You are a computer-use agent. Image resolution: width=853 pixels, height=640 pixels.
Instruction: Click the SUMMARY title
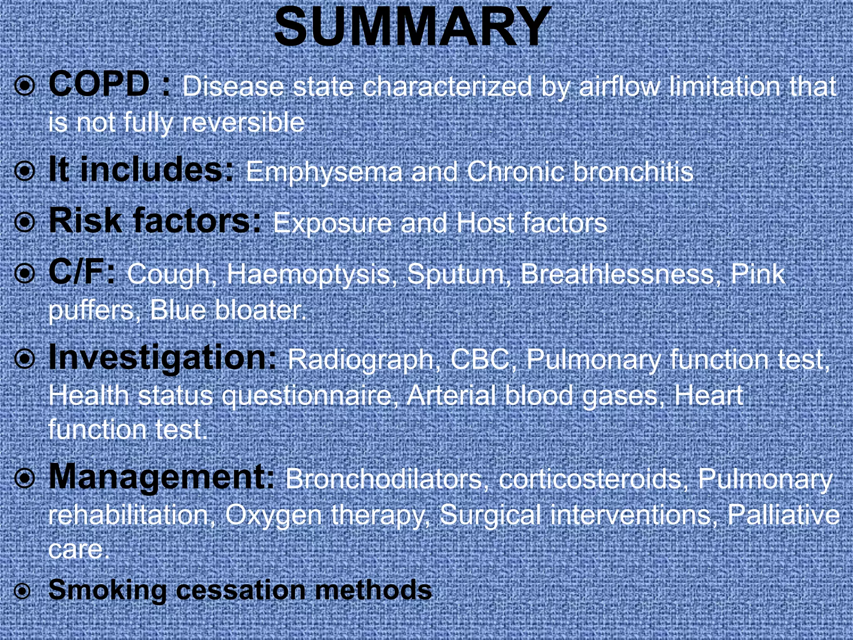(412, 28)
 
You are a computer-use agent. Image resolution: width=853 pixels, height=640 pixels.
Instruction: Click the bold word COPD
(99, 85)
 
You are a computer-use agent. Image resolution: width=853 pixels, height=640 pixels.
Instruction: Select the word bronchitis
(633, 171)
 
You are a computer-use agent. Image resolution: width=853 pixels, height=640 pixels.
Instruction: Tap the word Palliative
(783, 514)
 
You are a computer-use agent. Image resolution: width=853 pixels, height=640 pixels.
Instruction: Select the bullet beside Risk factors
(25, 222)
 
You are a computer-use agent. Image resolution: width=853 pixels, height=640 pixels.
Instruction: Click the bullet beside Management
(25, 479)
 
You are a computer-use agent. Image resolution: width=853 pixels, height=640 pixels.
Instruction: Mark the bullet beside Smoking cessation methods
(22, 591)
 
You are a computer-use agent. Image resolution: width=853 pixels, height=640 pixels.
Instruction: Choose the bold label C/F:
(82, 273)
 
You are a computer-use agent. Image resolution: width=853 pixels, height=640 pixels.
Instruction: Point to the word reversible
(243, 122)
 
